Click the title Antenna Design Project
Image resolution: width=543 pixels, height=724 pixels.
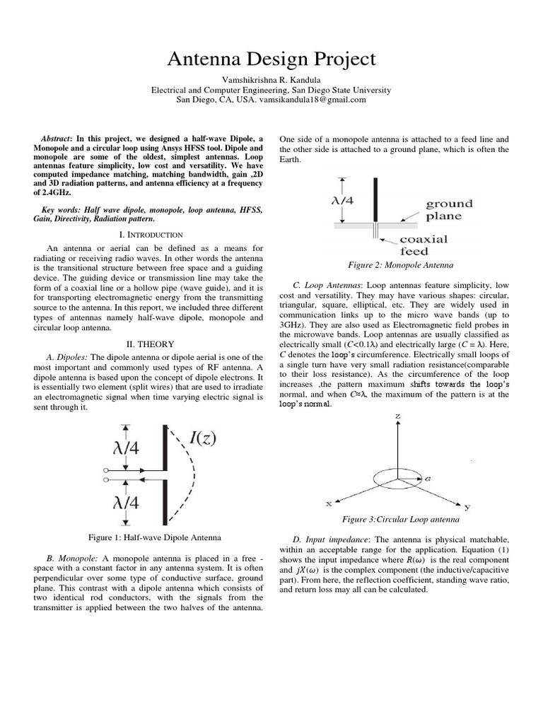click(271, 59)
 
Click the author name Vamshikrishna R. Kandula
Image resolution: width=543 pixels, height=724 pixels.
click(271, 79)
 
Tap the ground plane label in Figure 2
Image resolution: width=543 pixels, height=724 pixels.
click(449, 210)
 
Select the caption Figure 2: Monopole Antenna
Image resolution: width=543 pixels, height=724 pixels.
click(401, 265)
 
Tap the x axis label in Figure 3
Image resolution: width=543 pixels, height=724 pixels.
click(328, 503)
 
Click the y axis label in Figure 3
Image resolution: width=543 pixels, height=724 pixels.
click(467, 507)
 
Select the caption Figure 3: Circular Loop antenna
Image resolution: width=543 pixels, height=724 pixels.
click(401, 520)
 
